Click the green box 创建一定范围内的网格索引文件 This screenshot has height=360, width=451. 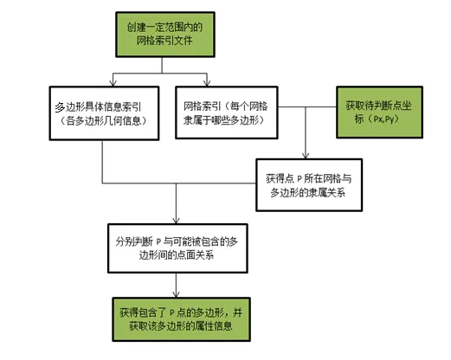[x=165, y=35]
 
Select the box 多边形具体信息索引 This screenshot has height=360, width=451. [x=104, y=113]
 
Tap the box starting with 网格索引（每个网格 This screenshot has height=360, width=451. [x=227, y=112]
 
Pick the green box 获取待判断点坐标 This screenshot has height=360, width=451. [x=379, y=112]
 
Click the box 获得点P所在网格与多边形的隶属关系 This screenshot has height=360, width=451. [x=309, y=185]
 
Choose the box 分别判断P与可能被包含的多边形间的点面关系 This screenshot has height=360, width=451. [x=177, y=248]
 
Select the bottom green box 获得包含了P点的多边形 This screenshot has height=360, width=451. [x=181, y=319]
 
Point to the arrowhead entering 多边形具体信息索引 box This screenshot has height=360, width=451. [x=113, y=83]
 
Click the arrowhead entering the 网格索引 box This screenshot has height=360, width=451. [x=207, y=83]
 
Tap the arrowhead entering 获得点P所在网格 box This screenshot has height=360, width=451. [x=306, y=155]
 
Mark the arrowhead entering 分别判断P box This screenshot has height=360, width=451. [x=176, y=221]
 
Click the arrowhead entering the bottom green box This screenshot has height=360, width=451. [x=176, y=294]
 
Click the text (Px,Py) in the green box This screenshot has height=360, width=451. [x=383, y=119]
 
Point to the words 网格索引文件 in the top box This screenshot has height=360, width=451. [x=164, y=41]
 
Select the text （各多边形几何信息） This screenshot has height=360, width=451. [x=104, y=120]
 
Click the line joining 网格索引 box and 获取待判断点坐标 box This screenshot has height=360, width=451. [x=307, y=107]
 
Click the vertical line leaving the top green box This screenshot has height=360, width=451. [x=162, y=65]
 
